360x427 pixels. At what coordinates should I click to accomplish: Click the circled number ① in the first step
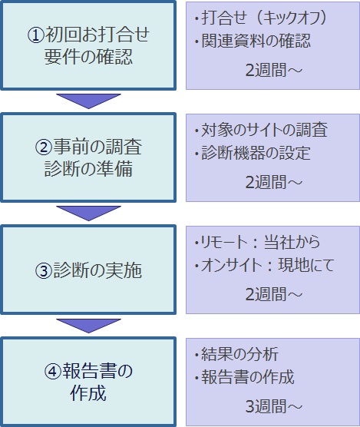point(35,35)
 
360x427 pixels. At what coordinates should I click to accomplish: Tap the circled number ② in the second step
point(43,147)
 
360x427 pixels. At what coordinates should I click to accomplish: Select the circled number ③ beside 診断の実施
point(43,270)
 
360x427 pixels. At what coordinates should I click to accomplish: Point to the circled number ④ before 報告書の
point(53,372)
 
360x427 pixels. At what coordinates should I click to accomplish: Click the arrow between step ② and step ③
point(88,213)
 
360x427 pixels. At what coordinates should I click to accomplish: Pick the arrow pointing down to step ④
point(88,326)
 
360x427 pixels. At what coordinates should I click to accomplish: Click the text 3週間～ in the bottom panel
point(274,406)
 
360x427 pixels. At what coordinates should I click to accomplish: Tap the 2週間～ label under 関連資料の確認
point(274,70)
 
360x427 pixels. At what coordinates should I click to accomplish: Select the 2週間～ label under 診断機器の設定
point(274,182)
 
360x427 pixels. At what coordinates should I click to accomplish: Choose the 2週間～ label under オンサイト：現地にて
point(274,294)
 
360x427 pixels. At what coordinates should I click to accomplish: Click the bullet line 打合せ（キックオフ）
point(261,18)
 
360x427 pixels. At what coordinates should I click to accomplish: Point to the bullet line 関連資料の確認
point(253,41)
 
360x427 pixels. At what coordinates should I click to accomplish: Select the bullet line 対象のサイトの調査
point(262,130)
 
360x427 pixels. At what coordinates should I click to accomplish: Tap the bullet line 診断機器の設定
point(253,153)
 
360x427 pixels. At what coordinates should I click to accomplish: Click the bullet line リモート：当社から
point(257,242)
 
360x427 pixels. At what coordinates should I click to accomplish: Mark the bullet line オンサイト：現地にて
point(265,265)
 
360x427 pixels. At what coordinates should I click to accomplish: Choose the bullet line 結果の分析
point(236,354)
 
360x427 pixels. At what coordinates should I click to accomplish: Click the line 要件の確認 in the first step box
point(88,57)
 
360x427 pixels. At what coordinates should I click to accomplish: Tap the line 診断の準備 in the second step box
point(88,169)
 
